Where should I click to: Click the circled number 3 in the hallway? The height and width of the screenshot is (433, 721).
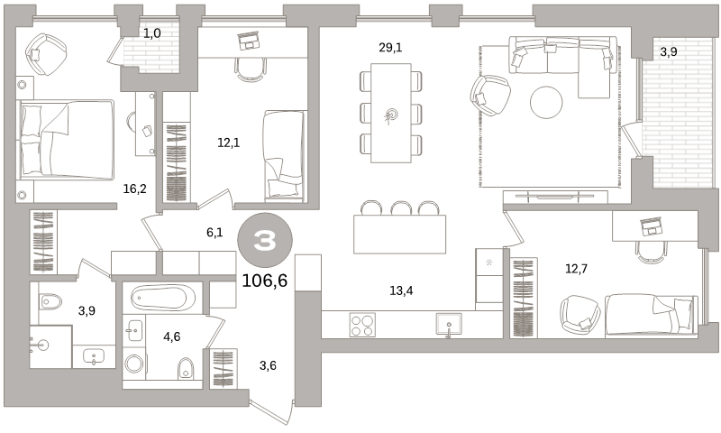[x=264, y=241]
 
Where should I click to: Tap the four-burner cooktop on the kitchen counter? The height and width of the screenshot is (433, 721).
[x=362, y=325]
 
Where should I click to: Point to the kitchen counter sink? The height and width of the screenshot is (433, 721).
[x=448, y=324]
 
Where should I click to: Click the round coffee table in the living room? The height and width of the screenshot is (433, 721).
[x=546, y=102]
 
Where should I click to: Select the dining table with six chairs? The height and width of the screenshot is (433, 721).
[x=391, y=113]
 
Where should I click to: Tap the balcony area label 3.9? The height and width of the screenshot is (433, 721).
[x=669, y=52]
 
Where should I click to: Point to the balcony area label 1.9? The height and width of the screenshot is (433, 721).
[x=152, y=34]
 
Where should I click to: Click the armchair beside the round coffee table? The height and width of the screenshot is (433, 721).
[x=490, y=95]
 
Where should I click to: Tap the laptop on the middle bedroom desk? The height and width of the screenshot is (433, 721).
[x=250, y=40]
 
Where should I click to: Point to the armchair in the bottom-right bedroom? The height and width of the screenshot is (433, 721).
[x=580, y=315]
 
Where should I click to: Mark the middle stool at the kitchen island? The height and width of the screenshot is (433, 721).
[x=401, y=208]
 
